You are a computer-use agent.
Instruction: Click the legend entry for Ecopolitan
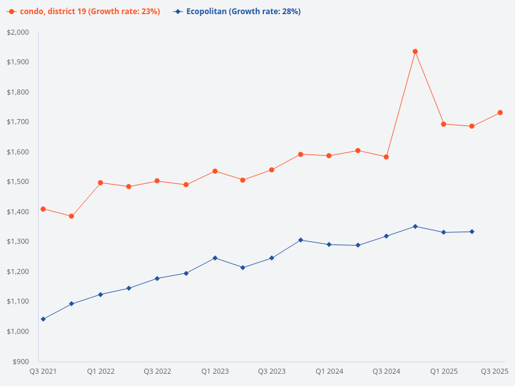238,12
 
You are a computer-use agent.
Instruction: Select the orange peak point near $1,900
415,51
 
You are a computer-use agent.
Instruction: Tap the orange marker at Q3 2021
43,209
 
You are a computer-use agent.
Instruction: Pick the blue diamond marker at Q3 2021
43,319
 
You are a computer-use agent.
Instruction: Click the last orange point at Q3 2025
500,113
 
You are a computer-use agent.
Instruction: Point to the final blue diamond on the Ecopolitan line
472,232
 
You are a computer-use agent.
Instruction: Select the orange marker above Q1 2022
100,183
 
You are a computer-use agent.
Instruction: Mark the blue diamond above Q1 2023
215,258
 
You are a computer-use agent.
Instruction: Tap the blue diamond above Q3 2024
386,236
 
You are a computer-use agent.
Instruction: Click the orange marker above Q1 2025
444,124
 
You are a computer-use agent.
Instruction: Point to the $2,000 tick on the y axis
18,32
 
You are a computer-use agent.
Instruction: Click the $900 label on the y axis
21,362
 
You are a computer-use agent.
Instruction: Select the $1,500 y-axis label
18,182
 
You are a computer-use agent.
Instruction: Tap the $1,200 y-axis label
18,271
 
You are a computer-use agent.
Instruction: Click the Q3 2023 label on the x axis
272,371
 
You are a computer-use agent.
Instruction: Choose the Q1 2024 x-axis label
329,371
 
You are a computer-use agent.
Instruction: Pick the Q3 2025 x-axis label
494,371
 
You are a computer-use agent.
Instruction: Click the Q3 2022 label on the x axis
157,371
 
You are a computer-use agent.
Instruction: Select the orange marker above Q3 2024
386,157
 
